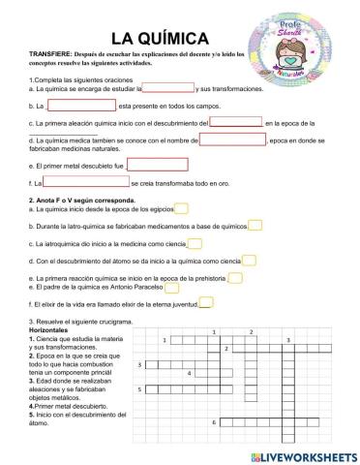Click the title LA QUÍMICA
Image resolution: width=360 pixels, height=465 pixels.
(x=161, y=38)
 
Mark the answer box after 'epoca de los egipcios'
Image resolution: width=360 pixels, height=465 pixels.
(x=182, y=207)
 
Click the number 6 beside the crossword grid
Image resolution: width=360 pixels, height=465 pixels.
(x=213, y=423)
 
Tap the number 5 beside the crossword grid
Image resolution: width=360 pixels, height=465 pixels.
(x=141, y=389)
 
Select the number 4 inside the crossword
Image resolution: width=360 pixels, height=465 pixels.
(x=190, y=372)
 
